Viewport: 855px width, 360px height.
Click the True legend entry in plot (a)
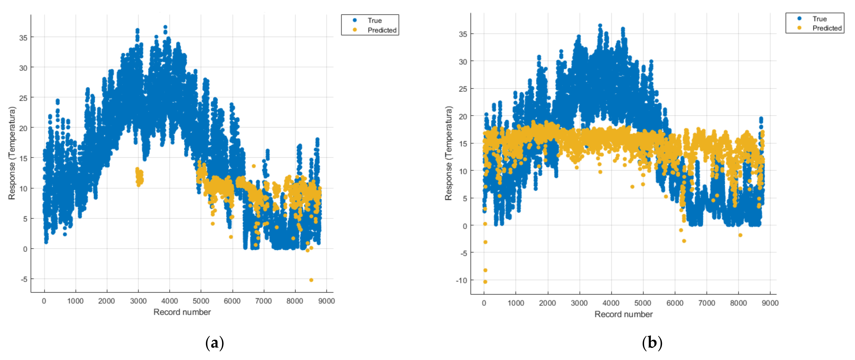point(374,20)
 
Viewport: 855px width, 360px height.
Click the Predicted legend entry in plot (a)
point(382,30)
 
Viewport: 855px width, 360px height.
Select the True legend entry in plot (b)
point(819,19)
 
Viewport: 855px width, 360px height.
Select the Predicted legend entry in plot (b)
point(826,28)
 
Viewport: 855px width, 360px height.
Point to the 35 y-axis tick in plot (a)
point(23,38)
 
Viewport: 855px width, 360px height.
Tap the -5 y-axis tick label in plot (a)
point(24,279)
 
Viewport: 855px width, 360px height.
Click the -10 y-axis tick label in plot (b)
point(461,281)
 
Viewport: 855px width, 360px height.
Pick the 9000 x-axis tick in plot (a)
point(326,301)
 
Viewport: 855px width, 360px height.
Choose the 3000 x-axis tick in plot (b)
point(579,303)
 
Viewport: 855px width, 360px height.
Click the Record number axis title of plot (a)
point(182,312)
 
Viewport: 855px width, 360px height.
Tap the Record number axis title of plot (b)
point(623,314)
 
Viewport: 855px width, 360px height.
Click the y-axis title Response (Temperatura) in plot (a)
point(12,153)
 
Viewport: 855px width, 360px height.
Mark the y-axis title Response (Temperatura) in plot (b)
point(448,153)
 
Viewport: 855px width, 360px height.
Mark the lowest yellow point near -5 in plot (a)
point(311,280)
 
